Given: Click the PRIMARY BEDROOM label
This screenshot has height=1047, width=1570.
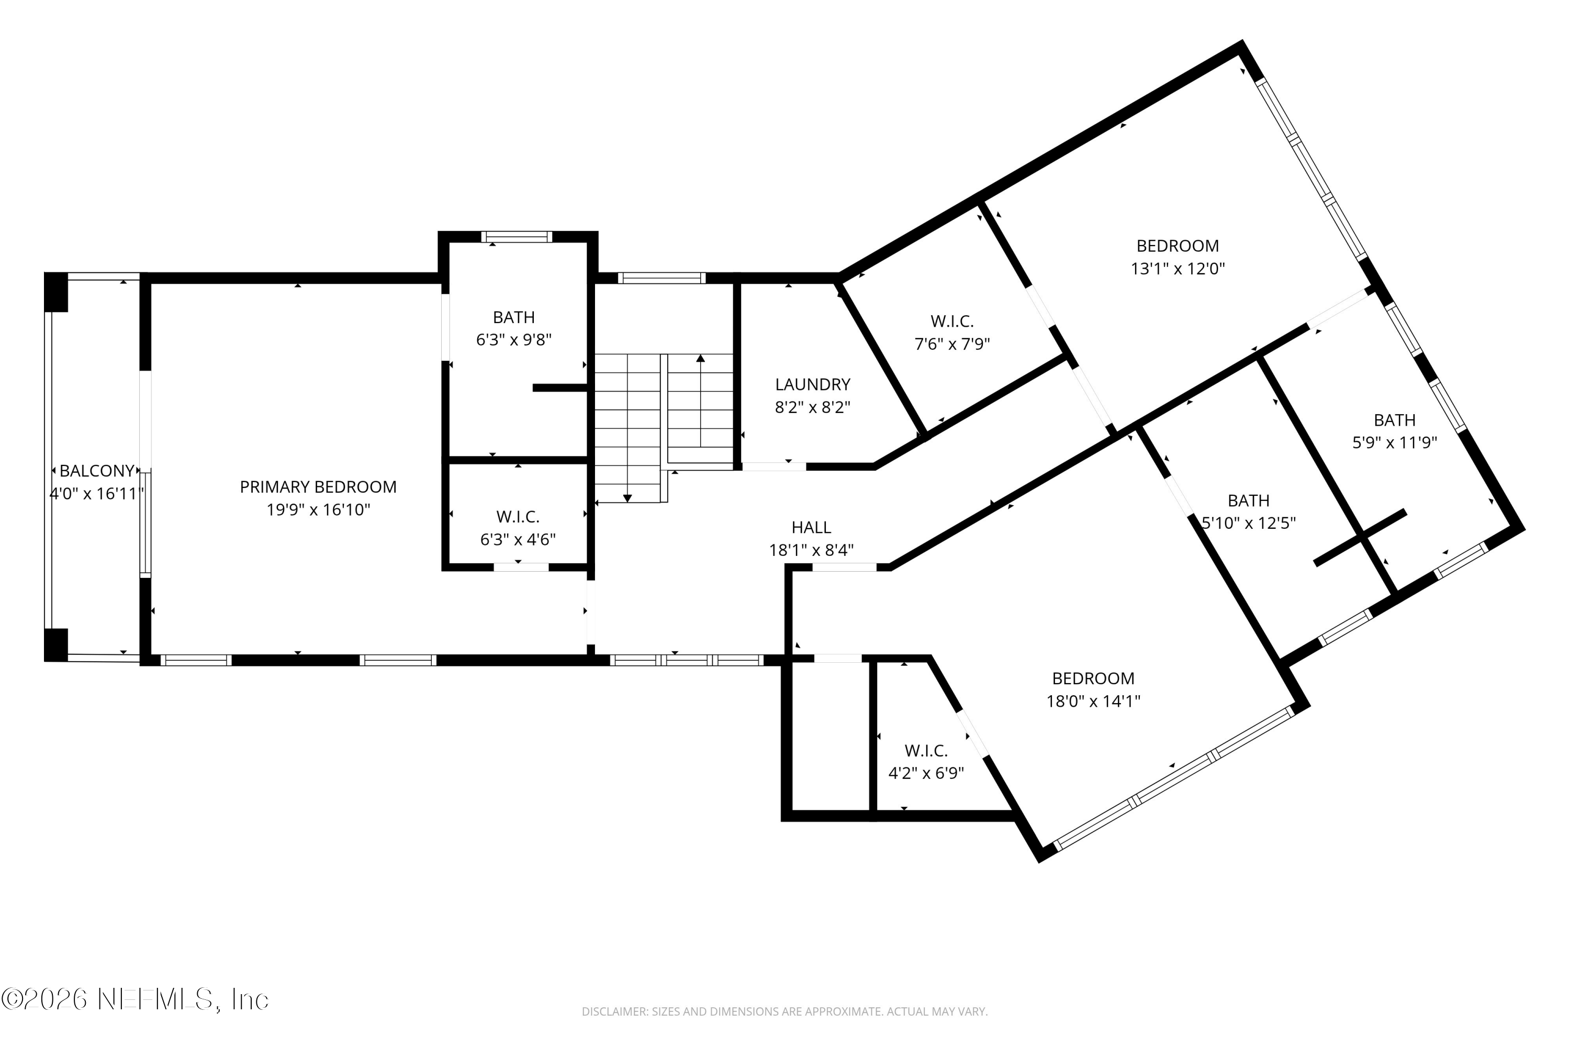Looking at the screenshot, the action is (x=318, y=487).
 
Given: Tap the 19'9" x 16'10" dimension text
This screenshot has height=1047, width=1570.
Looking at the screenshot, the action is (x=318, y=510).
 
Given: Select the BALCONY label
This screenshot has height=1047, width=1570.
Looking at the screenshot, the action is (x=97, y=471).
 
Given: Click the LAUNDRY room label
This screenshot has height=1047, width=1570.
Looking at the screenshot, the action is (x=812, y=385).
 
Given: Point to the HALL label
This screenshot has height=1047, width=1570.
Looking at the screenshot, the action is (x=811, y=528).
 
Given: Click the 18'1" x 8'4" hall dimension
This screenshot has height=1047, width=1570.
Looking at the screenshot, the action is (x=811, y=550).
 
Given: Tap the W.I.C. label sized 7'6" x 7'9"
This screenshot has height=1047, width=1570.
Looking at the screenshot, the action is (x=952, y=321).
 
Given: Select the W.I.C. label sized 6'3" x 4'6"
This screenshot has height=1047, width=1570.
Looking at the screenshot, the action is (x=518, y=517).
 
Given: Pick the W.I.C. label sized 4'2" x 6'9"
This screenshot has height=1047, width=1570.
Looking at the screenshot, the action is (x=926, y=751).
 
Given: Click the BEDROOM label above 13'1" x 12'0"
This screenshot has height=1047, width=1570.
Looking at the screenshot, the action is (x=1177, y=246).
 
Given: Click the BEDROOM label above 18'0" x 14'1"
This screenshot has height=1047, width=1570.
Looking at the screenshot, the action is (x=1093, y=678).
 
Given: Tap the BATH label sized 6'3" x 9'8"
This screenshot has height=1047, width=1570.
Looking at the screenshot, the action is (x=514, y=317).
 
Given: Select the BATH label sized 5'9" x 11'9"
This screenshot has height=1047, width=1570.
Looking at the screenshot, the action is (x=1395, y=420).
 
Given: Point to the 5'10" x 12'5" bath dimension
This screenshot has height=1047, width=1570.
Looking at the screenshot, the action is (x=1249, y=523).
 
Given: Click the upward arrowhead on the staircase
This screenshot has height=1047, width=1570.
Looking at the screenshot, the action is (x=700, y=359).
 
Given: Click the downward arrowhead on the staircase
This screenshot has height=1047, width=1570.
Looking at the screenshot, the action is (x=627, y=498).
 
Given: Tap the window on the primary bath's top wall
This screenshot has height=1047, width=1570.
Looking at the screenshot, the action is (x=517, y=237).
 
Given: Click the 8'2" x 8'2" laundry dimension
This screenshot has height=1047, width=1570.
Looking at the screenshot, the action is (x=812, y=407).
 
